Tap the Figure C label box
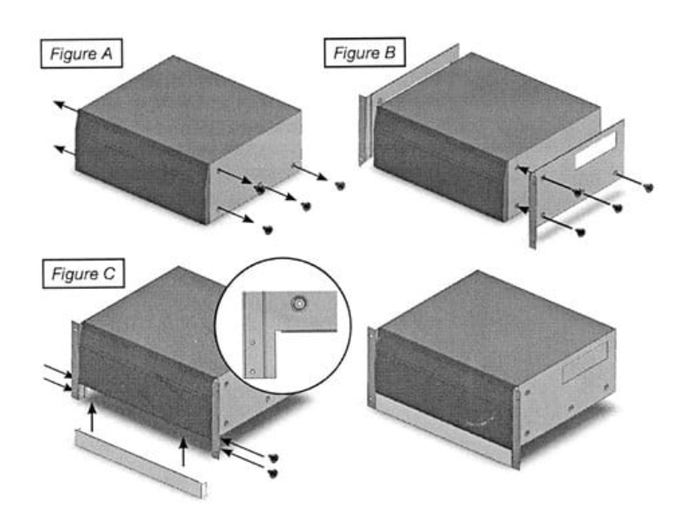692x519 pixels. [82, 276]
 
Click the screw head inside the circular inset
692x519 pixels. [299, 304]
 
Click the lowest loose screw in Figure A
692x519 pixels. [267, 230]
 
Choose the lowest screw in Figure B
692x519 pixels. [580, 232]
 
